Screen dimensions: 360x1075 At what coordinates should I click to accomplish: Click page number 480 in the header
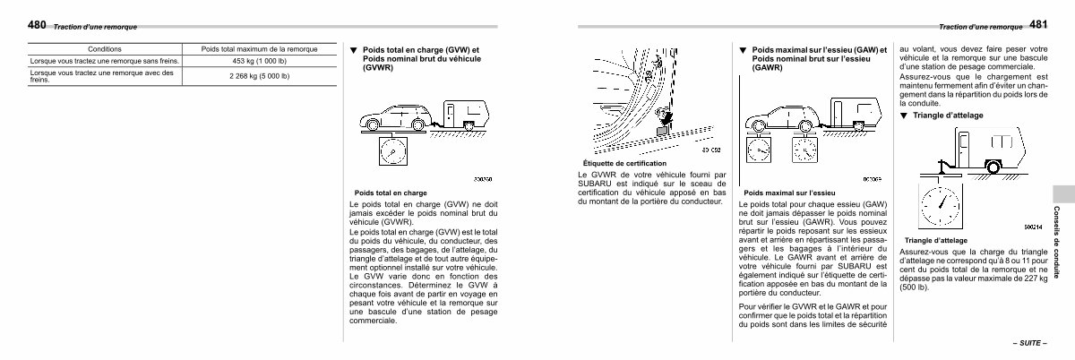pyautogui.click(x=39, y=25)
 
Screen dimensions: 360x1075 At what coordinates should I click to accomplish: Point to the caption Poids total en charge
pyautogui.click(x=390, y=193)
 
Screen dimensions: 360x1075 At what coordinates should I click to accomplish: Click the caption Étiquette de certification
pyautogui.click(x=624, y=163)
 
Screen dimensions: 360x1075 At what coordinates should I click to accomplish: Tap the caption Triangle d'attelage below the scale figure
pyautogui.click(x=936, y=241)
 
